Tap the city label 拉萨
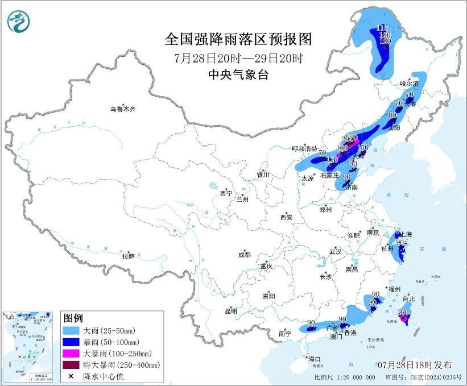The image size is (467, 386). tap(128, 256)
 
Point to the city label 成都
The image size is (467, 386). tap(244, 255)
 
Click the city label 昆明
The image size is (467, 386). tap(230, 310)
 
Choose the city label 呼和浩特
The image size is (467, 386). tap(304, 148)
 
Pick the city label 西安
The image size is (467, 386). tap(286, 217)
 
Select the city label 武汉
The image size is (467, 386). tap(334, 251)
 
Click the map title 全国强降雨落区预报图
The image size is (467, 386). tap(238, 39)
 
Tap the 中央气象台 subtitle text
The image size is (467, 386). tap(238, 75)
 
